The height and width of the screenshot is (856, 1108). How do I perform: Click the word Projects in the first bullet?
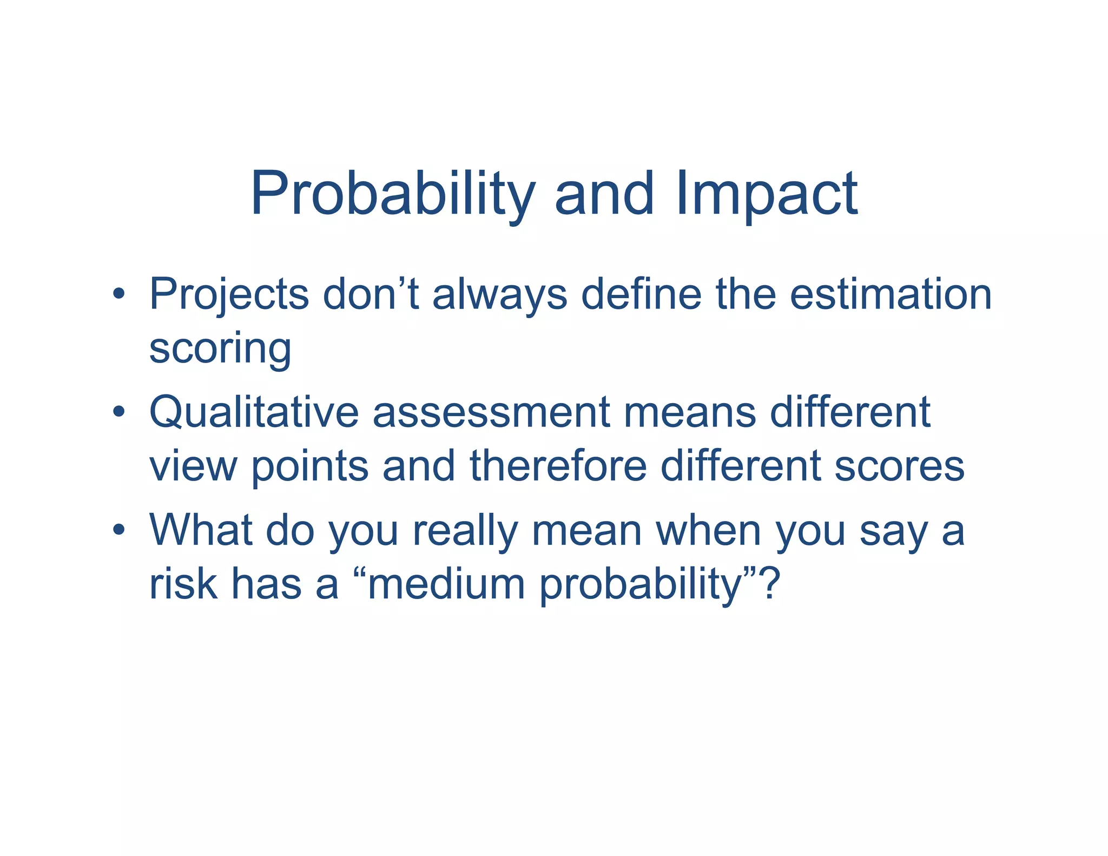pos(229,295)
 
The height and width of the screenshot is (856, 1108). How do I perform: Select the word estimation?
pos(891,294)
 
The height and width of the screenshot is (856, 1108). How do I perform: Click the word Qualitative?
pos(254,412)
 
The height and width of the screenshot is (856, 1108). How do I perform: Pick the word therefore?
pos(558,466)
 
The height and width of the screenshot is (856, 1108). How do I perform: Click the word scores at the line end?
pos(899,467)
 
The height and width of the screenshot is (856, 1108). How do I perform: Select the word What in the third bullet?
pos(201,530)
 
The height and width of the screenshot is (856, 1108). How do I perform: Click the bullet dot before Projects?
pos(119,295)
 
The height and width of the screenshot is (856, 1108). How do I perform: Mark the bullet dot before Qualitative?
pos(119,413)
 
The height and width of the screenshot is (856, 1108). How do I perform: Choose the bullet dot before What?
pos(119,530)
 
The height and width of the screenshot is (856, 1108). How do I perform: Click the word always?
pos(499,295)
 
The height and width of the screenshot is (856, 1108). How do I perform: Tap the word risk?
pos(183,584)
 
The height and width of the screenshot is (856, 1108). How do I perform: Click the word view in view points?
pos(193,467)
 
